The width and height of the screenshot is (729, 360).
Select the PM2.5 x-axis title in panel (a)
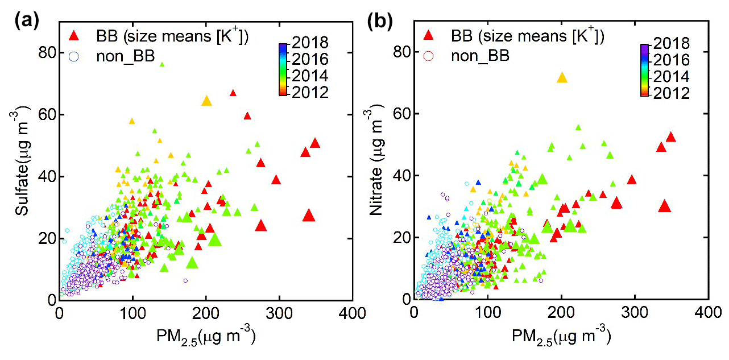tap(206, 336)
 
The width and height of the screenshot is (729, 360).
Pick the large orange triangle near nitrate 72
tap(562, 77)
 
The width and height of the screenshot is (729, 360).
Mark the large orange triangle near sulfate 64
tap(206, 101)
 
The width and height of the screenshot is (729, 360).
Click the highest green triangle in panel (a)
tap(161, 64)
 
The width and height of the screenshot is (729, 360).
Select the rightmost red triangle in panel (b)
tap(670, 136)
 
